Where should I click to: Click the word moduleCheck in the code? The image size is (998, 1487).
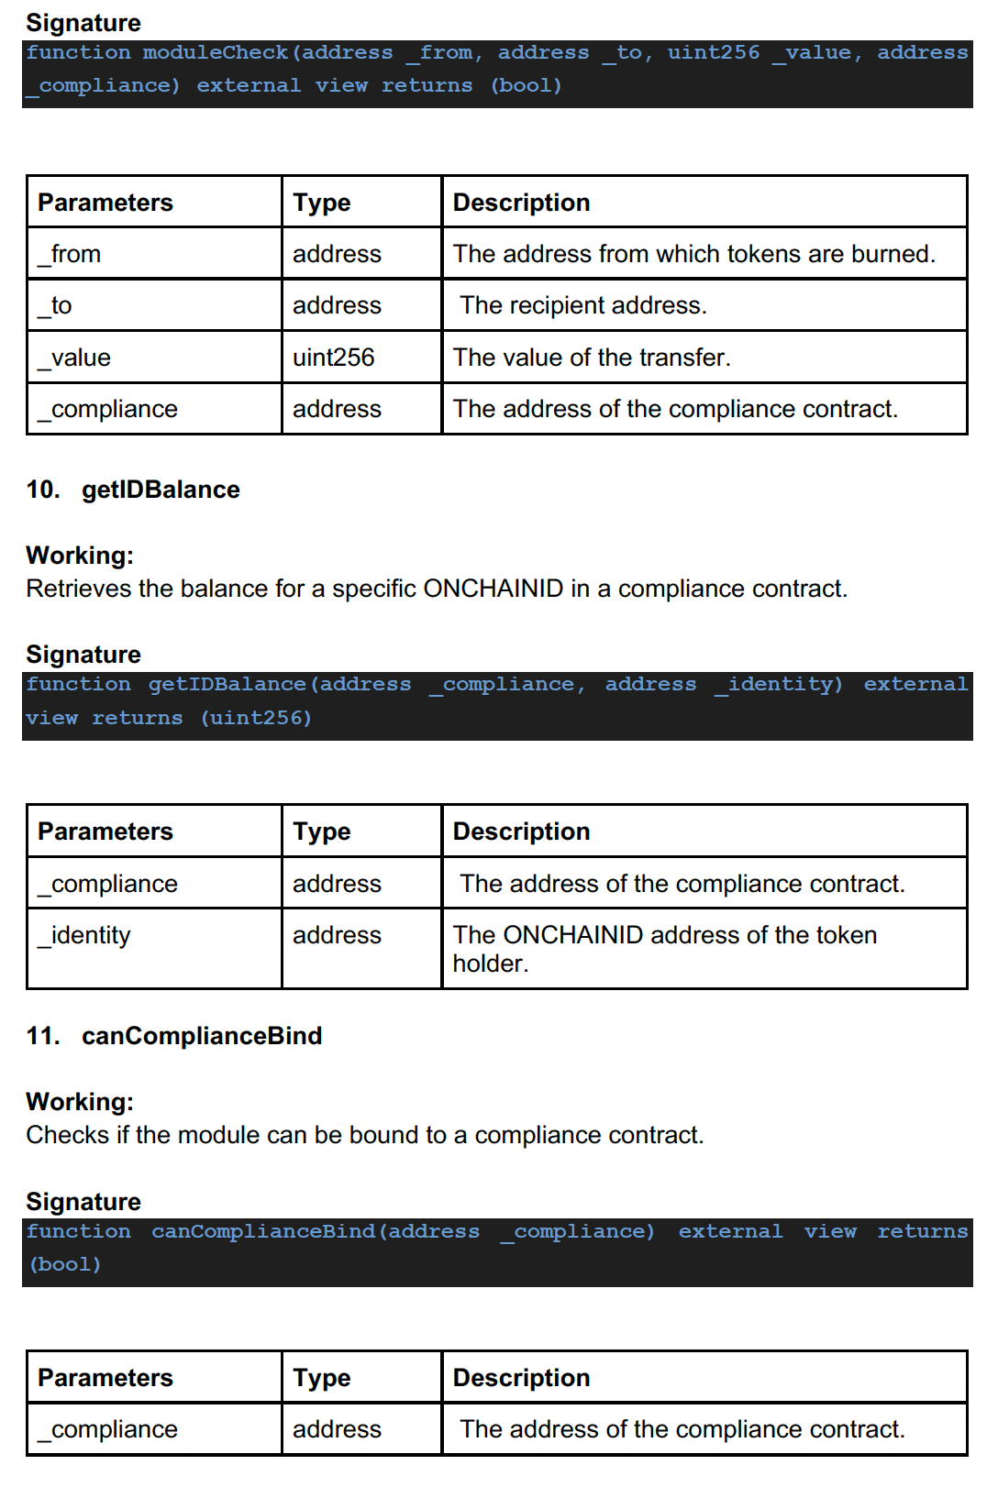click(216, 53)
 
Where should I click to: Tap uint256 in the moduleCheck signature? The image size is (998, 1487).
click(713, 53)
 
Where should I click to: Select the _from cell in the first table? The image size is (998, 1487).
click(70, 254)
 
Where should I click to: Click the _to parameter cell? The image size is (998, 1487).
click(55, 305)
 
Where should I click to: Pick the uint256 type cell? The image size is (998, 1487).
click(334, 358)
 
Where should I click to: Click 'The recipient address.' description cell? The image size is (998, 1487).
click(583, 305)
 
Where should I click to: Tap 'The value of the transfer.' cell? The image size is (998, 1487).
click(592, 358)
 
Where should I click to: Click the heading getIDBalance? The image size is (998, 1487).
click(161, 490)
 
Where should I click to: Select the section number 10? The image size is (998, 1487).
click(42, 490)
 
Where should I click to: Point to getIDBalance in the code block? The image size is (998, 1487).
click(227, 685)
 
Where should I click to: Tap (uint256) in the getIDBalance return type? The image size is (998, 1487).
click(256, 718)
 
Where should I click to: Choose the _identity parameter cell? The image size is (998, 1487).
click(84, 935)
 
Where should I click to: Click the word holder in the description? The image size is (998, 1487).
click(488, 964)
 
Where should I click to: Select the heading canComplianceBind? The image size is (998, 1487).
click(202, 1036)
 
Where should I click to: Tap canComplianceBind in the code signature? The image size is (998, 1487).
click(263, 1231)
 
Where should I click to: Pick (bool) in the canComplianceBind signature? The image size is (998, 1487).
click(65, 1264)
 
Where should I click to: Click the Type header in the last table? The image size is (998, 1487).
click(322, 1378)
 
